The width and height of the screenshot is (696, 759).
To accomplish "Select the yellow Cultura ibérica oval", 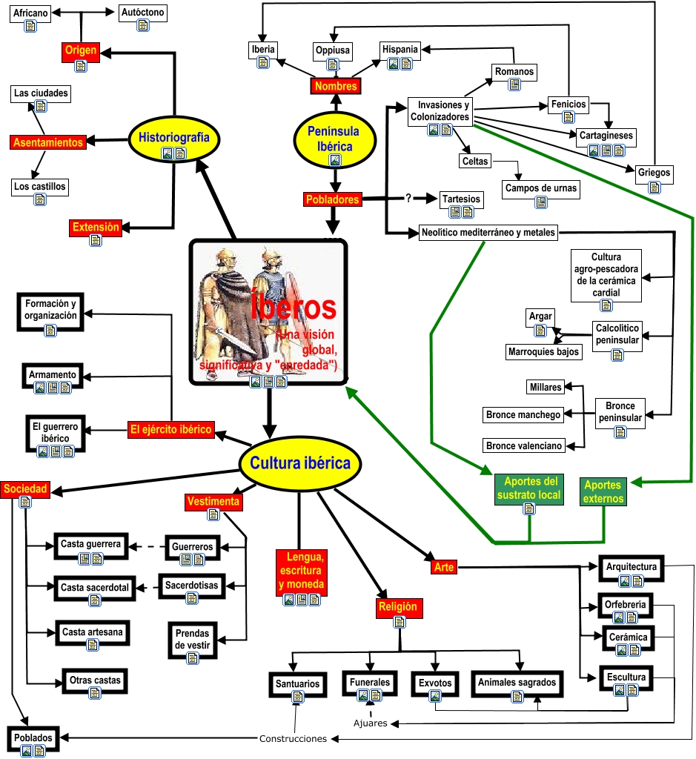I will (299, 464).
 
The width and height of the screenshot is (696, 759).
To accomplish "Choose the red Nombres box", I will (335, 86).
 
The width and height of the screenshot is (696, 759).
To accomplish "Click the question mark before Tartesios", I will (408, 198).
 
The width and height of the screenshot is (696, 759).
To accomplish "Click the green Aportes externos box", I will (603, 491).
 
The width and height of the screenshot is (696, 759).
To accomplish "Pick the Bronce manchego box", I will (523, 415).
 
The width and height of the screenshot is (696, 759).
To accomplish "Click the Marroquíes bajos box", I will (543, 351).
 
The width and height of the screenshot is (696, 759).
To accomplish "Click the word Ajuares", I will (370, 723).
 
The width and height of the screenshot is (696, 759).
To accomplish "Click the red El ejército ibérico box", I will (171, 429).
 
